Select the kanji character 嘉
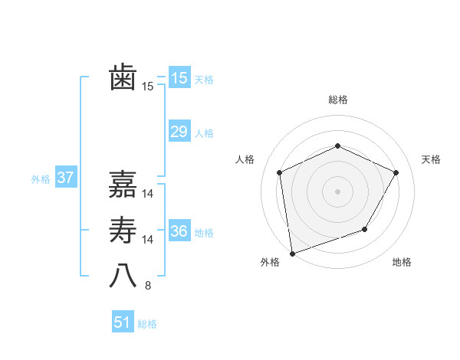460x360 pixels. [123, 184]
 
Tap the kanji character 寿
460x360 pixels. [123, 231]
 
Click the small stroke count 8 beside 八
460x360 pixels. [148, 286]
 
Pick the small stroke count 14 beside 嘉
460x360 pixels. [148, 193]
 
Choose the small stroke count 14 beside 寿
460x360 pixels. [148, 240]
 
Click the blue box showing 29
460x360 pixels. [179, 132]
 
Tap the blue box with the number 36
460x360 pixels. [179, 231]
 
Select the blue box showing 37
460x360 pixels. [65, 178]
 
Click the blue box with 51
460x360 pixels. [122, 322]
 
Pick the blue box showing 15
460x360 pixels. [179, 78]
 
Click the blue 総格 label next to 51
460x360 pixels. [147, 324]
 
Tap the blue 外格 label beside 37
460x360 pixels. [41, 179]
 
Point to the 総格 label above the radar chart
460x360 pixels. [337, 100]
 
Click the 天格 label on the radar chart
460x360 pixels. [431, 159]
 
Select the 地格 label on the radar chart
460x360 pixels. [402, 263]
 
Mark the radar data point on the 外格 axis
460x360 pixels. [292, 253]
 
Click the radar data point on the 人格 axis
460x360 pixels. [280, 172]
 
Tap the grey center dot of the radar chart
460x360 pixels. [337, 191]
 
